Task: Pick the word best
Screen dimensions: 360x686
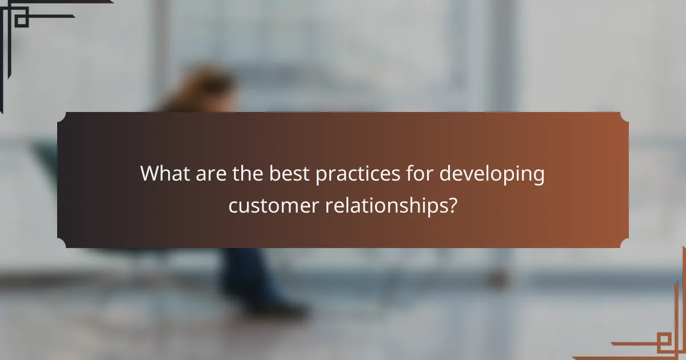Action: click(x=290, y=174)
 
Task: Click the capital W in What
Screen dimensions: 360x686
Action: click(x=150, y=174)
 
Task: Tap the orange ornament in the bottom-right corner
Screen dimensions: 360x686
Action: click(x=657, y=337)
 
